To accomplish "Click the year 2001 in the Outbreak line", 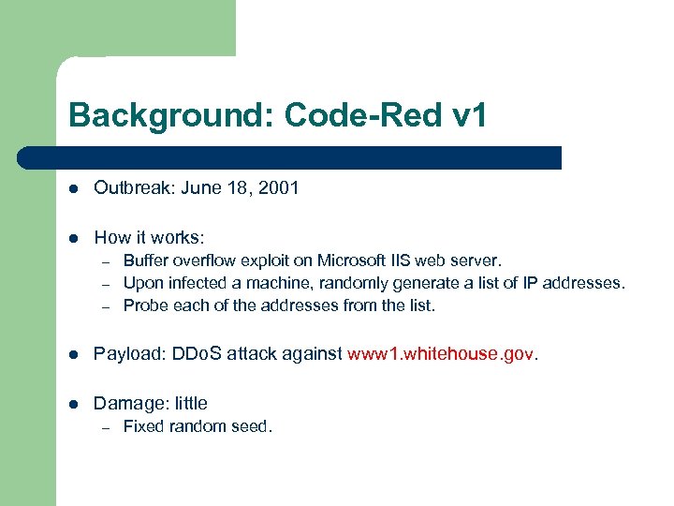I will tap(279, 187).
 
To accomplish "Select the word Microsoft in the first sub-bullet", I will tap(351, 260).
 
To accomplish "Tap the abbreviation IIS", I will tap(400, 260).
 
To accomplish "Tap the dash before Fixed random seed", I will tap(107, 427).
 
